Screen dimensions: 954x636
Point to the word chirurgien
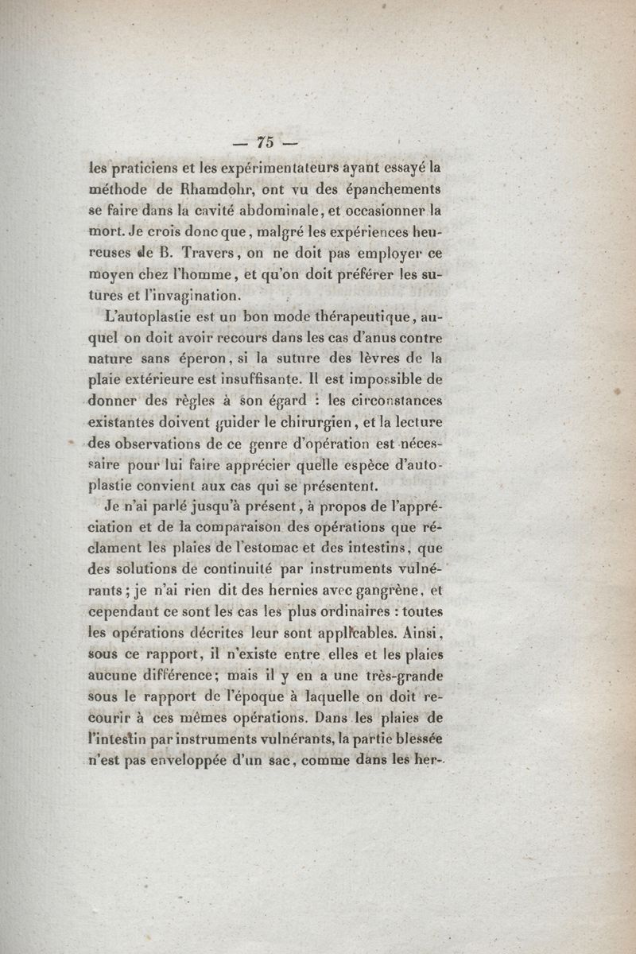[283, 422]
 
